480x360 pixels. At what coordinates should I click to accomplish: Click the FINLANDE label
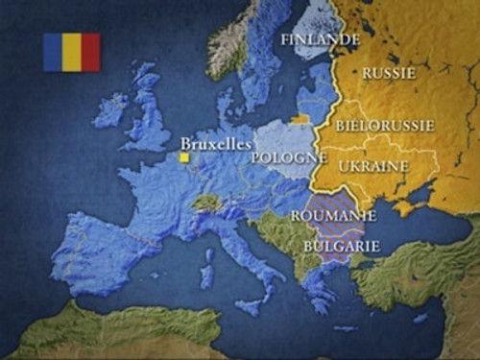click(321, 39)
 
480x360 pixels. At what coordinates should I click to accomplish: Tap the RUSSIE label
click(389, 72)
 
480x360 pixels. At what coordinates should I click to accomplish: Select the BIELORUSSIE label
click(385, 125)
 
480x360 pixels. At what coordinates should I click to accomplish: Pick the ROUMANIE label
click(333, 216)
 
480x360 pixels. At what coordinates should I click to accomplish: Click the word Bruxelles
click(216, 140)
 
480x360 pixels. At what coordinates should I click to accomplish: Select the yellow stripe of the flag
click(71, 53)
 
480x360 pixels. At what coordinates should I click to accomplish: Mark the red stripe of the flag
click(90, 53)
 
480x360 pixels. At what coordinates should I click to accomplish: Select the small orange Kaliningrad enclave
click(301, 119)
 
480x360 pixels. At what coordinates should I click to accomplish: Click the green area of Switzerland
click(206, 203)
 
